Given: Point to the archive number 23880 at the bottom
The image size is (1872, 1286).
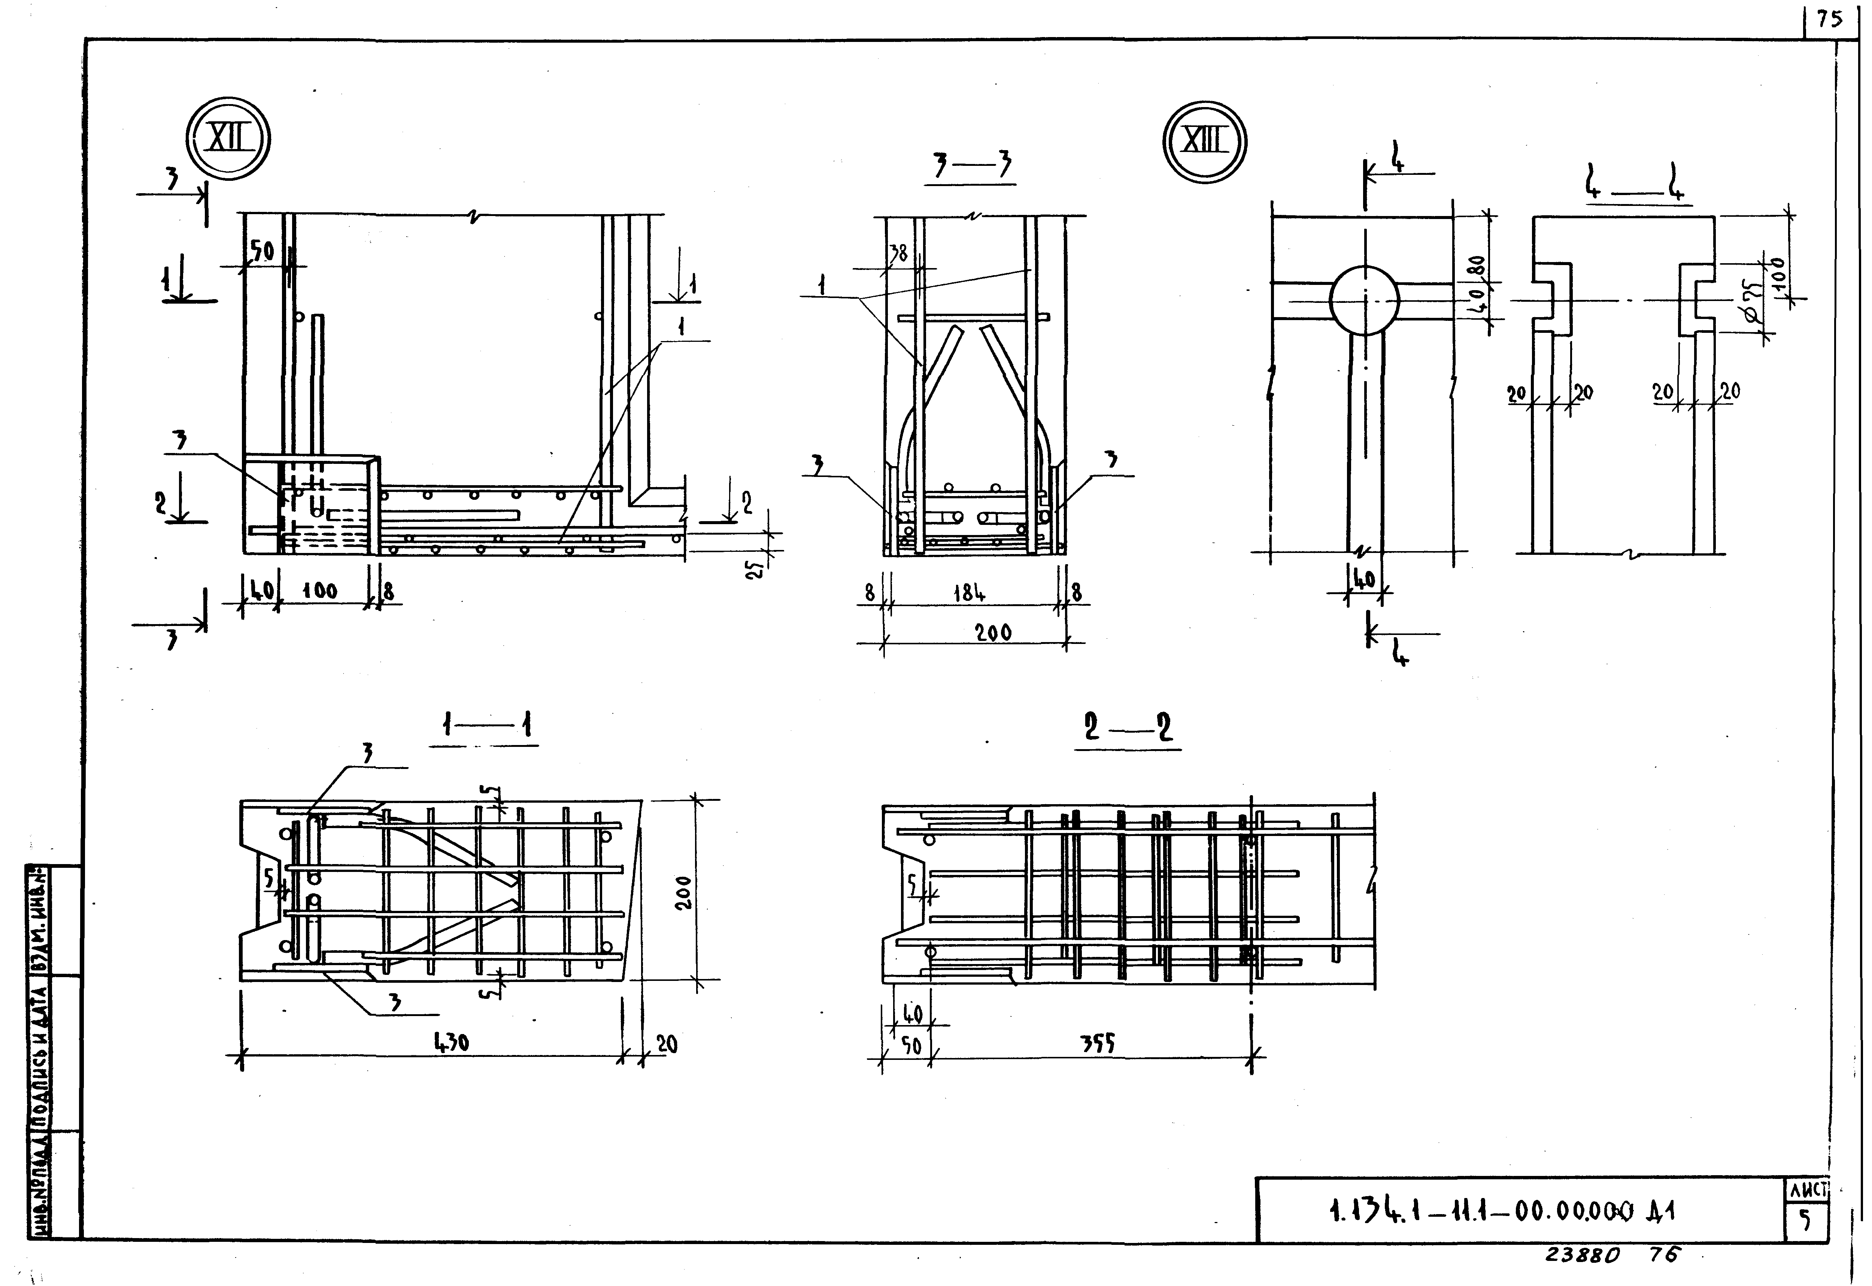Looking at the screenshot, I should (x=1580, y=1255).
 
